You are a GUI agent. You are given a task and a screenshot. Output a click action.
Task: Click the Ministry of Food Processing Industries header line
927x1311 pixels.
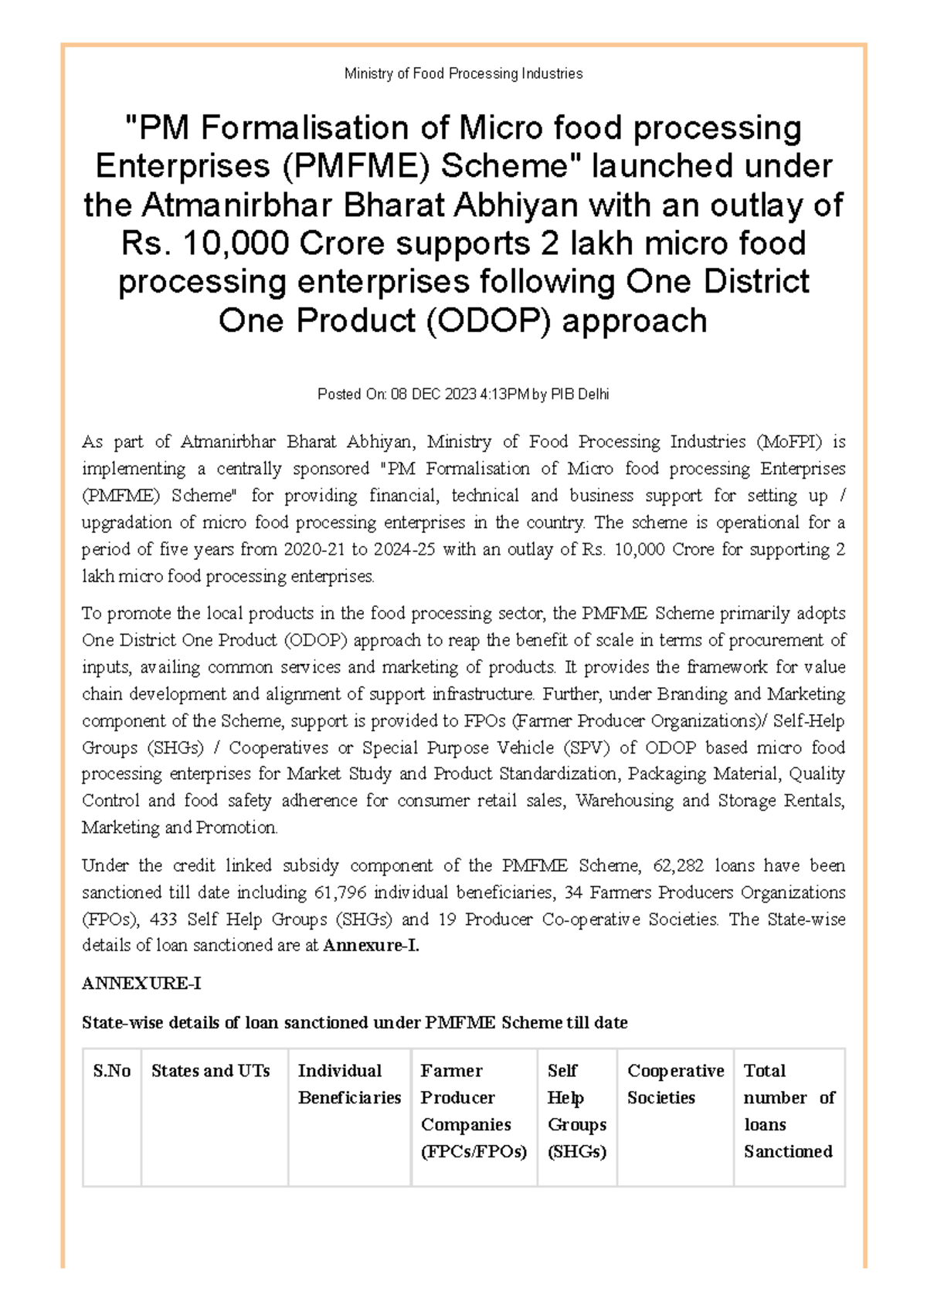[463, 73]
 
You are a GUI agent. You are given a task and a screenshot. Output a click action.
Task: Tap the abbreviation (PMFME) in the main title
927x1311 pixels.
[354, 167]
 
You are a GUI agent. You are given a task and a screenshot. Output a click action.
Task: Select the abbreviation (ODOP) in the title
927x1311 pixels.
[488, 320]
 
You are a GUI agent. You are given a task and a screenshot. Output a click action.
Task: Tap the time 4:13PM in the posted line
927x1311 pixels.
[504, 395]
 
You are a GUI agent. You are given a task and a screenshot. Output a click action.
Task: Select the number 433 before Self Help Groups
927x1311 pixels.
[164, 920]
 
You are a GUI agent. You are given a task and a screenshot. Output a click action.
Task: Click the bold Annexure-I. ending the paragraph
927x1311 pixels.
[371, 946]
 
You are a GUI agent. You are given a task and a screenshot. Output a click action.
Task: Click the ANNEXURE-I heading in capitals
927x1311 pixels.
[141, 984]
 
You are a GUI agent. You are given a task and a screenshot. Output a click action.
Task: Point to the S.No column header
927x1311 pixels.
[112, 1071]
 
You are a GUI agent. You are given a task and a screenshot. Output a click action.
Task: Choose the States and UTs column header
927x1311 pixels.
[210, 1071]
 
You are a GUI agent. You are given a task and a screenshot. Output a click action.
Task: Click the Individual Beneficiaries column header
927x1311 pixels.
[349, 1084]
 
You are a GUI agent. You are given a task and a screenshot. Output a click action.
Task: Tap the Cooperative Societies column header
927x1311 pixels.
[675, 1084]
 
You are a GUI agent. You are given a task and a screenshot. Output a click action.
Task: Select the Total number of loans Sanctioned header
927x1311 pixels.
[789, 1111]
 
